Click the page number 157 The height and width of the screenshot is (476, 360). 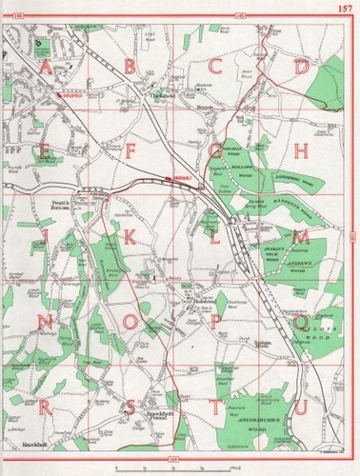(345, 10)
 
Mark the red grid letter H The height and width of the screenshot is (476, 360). (301, 149)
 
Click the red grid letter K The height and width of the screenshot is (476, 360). (130, 236)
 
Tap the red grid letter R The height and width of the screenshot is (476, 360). (45, 407)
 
